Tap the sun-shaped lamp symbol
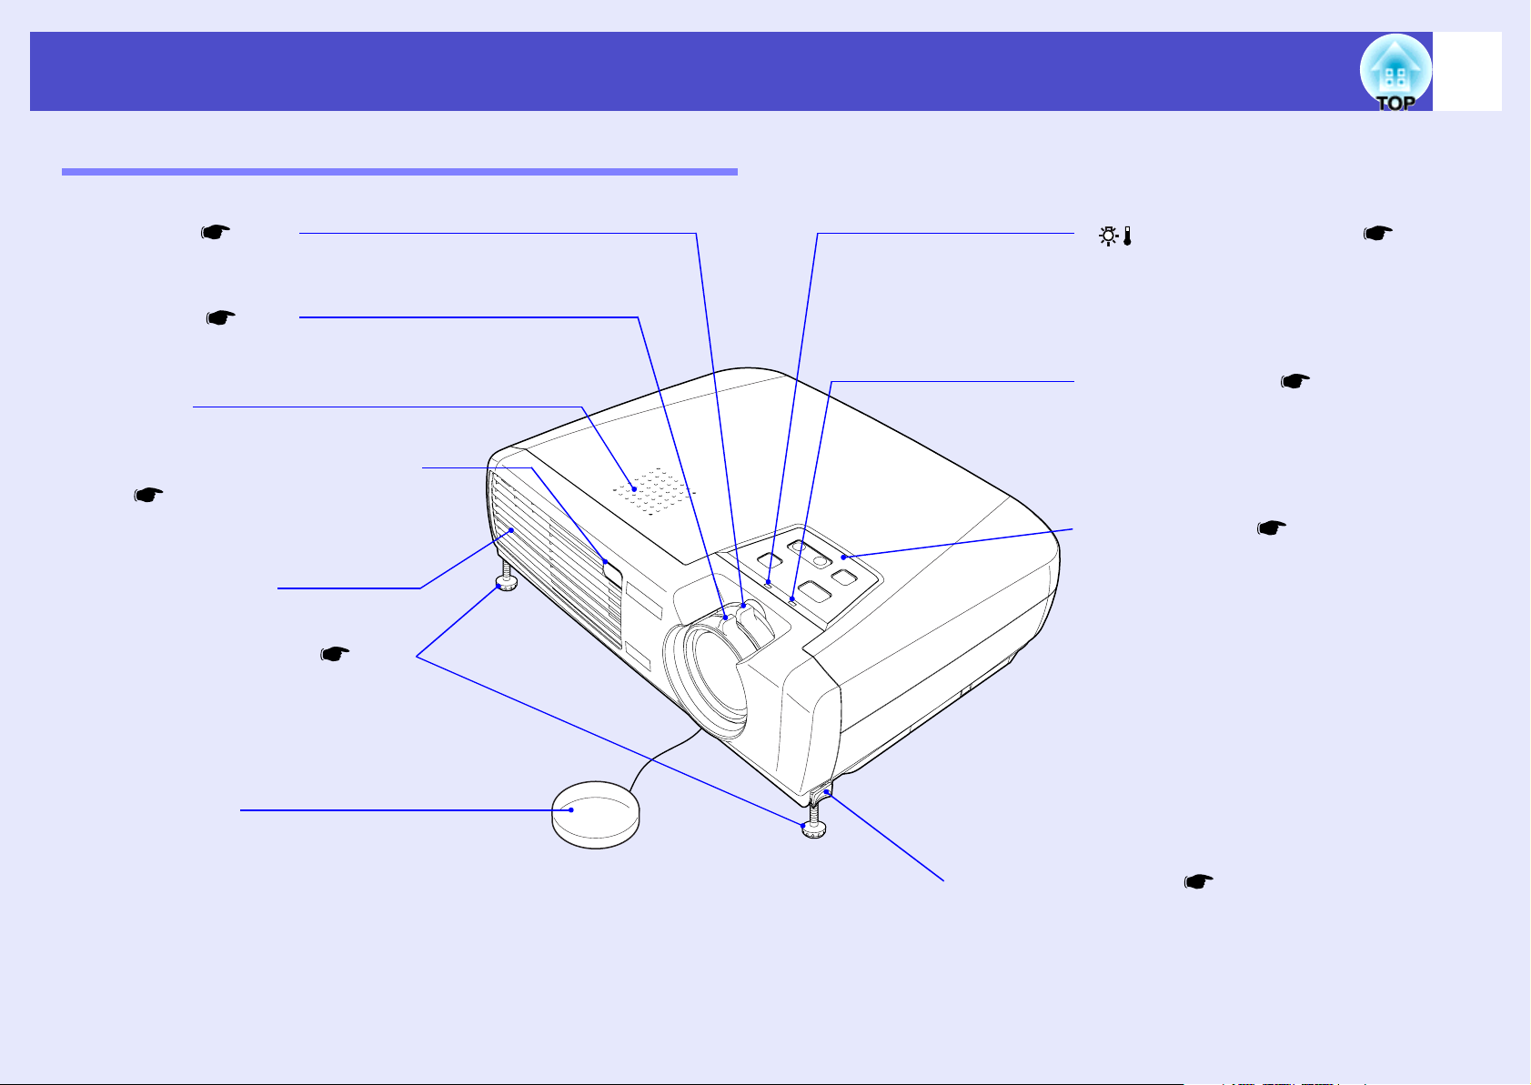(1108, 236)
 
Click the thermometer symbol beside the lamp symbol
(1127, 236)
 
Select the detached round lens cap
(595, 815)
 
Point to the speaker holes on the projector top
(653, 490)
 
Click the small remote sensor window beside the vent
(612, 573)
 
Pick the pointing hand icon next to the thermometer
(1378, 234)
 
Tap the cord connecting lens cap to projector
(664, 758)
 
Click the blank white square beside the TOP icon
(1466, 71)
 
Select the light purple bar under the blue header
(399, 172)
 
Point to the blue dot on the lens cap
(571, 810)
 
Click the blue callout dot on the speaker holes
(634, 489)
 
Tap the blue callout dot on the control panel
(843, 558)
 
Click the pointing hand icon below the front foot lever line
(1198, 882)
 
